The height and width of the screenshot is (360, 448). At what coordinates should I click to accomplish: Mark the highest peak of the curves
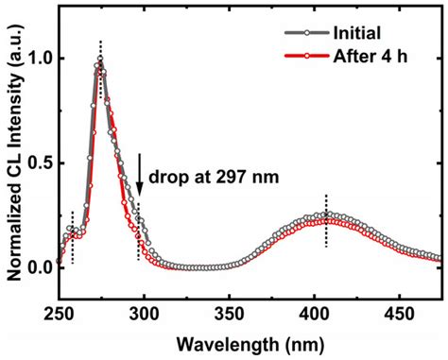(x=100, y=61)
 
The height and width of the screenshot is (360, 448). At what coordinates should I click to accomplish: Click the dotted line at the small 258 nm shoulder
(x=72, y=236)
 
